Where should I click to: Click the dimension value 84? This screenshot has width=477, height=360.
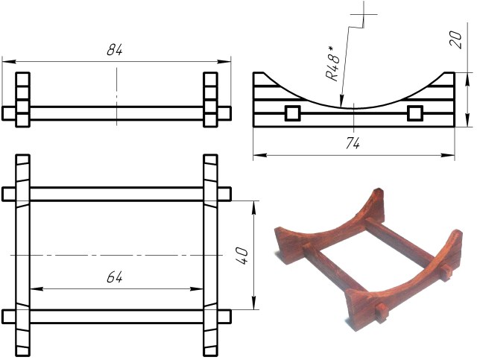pos(115,50)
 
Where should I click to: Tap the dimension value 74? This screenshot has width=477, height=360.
pos(353,143)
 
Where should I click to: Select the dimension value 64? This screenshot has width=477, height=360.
pos(115,277)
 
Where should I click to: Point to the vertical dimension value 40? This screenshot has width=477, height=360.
pos(242,256)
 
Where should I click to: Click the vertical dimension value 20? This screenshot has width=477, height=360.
pos(455,40)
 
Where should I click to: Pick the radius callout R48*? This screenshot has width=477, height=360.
pos(332,63)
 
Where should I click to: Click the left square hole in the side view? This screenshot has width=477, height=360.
pos(293,113)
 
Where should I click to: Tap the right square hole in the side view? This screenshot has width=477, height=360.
pos(415,113)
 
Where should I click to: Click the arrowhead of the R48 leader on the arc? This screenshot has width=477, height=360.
pos(341,103)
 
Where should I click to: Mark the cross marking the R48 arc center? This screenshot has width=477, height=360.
pos(364,14)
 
